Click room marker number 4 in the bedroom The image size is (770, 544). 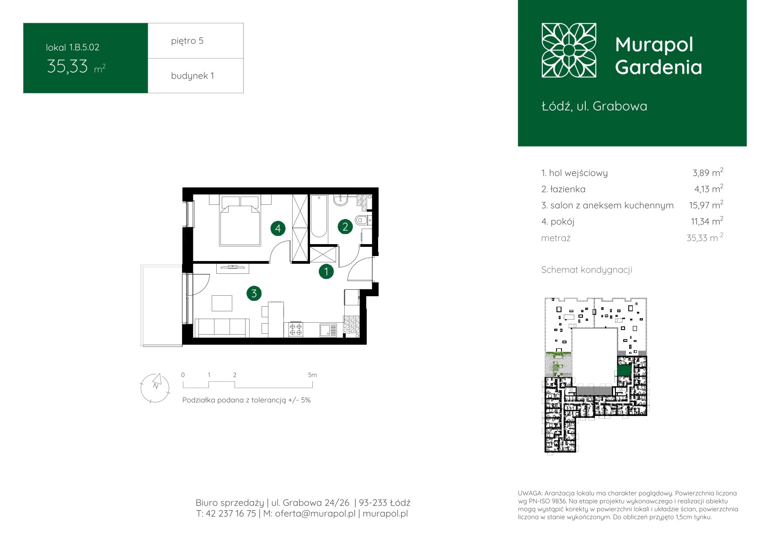click(x=278, y=228)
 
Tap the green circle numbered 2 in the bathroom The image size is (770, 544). click(x=345, y=226)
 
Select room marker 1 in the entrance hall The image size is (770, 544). click(x=326, y=272)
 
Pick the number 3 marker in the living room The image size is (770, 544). click(x=254, y=293)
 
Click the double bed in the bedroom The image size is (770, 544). click(x=240, y=221)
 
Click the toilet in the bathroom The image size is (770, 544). click(x=363, y=219)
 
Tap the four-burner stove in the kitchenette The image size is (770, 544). click(x=296, y=329)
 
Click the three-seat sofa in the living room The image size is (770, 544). click(x=222, y=328)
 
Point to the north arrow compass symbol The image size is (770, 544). click(x=155, y=388)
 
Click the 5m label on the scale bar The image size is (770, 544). click(x=312, y=375)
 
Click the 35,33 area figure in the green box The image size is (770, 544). click(x=67, y=66)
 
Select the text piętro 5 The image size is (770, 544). click(x=187, y=41)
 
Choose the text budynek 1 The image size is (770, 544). click(x=192, y=75)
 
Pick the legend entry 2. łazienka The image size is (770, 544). click(x=563, y=189)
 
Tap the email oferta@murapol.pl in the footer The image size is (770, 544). click(x=315, y=513)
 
